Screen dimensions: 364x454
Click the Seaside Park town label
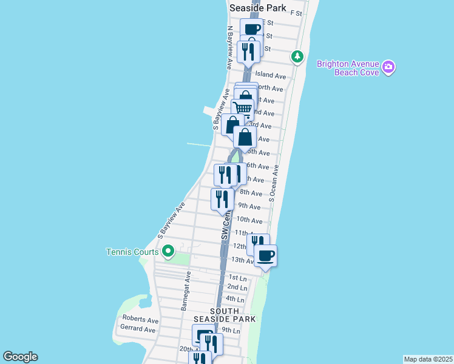click(x=254, y=7)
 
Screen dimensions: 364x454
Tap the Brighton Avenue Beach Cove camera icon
click(x=388, y=67)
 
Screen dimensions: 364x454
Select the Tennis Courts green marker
click(x=168, y=251)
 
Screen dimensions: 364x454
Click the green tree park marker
click(x=297, y=57)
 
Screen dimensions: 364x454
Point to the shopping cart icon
click(x=243, y=109)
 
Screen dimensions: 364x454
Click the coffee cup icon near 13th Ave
click(x=265, y=255)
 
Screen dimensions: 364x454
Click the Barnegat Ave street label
click(x=185, y=291)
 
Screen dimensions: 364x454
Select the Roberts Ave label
click(x=140, y=319)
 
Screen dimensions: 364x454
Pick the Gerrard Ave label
click(x=139, y=329)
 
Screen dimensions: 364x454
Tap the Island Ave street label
click(x=271, y=76)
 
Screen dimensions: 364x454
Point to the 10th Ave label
click(x=249, y=220)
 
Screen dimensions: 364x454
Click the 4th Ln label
click(x=234, y=299)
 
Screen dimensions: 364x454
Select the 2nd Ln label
click(x=237, y=287)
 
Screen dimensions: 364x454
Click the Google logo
click(x=20, y=357)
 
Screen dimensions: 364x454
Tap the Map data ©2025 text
click(x=428, y=359)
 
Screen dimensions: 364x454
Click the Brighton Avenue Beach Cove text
click(x=348, y=68)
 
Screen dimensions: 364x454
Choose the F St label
click(x=296, y=12)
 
